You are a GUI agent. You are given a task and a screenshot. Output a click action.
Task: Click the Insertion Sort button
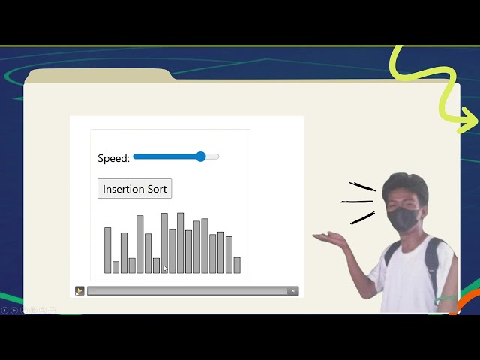[135, 189]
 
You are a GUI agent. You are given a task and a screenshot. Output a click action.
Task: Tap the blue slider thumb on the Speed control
[201, 157]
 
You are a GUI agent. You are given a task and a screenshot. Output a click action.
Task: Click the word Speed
[113, 158]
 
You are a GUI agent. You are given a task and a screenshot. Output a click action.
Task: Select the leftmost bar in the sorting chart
[107, 250]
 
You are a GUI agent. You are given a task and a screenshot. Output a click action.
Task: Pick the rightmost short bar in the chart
[237, 265]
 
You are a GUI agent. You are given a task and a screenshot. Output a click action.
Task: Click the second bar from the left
[115, 267]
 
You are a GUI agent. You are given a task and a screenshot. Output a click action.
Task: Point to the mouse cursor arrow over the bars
[165, 268]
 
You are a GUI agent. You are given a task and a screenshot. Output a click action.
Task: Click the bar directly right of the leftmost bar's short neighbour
[124, 253]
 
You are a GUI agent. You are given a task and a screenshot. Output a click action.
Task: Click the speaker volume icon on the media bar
[293, 291]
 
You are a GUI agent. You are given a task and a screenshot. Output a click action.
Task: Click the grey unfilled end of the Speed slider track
[214, 157]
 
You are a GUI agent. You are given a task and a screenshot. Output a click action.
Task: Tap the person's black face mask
[405, 220]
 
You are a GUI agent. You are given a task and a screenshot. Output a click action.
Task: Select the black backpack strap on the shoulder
[432, 259]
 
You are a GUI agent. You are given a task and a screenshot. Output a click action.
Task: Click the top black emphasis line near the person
[361, 186]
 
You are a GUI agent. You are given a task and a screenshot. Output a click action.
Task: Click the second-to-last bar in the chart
[229, 255]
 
